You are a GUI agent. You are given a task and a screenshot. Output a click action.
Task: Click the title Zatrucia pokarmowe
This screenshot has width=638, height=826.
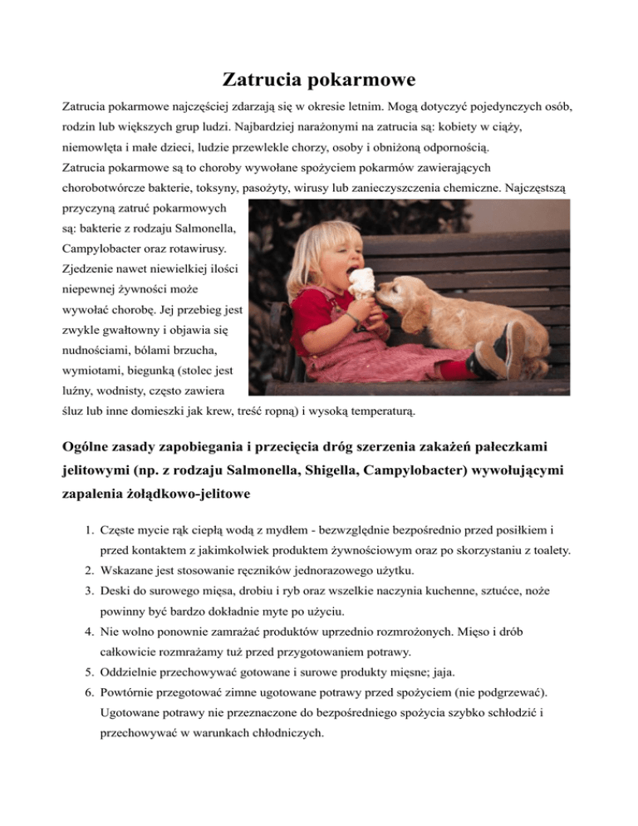pos(319,81)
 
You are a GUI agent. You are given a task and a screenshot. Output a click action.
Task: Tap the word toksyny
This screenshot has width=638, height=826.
pos(226,189)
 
